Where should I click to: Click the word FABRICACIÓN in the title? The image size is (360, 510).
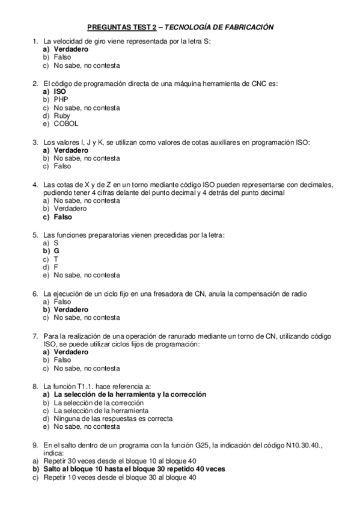[x=246, y=27]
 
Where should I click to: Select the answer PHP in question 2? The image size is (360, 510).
[x=61, y=99]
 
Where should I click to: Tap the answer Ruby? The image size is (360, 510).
[x=62, y=116]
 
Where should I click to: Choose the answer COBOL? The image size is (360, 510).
[x=66, y=124]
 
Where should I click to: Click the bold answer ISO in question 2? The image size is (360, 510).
[x=60, y=91]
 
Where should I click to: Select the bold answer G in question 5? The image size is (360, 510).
[x=56, y=250]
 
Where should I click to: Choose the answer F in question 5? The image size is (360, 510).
[x=56, y=266]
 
